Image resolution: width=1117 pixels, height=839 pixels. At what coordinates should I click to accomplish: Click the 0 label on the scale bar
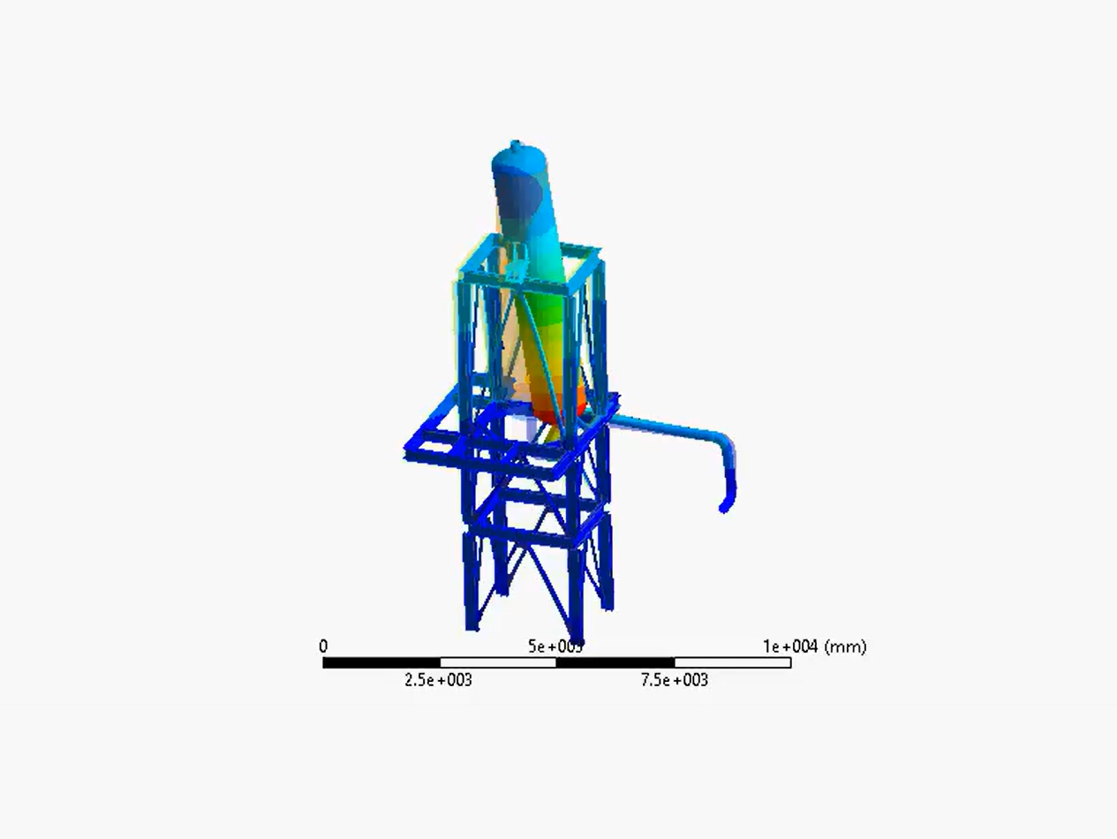323,646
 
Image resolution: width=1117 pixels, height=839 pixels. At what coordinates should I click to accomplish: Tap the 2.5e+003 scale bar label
438,680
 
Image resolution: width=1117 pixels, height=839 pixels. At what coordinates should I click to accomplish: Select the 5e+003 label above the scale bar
555,646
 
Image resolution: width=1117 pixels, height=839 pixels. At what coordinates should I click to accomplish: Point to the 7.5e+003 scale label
675,680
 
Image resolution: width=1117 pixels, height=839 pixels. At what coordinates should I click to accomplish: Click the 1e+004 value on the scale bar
790,646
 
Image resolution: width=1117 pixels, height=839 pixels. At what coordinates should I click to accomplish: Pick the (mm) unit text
845,646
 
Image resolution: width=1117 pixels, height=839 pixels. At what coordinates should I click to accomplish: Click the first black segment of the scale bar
381,662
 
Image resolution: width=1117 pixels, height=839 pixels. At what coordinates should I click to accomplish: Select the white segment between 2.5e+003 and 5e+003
498,662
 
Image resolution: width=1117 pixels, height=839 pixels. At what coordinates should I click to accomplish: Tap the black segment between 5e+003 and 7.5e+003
615,662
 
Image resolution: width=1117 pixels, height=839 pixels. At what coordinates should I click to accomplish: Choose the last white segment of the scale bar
733,662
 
